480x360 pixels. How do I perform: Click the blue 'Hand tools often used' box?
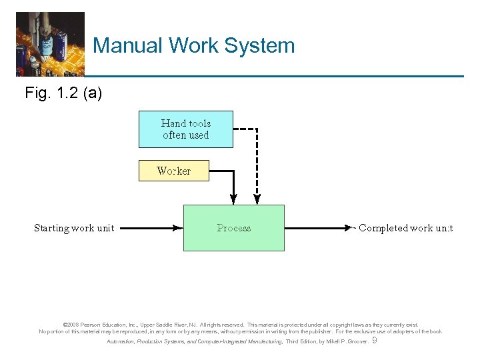[185, 129]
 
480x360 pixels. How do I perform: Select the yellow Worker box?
[173, 171]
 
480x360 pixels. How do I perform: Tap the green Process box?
[233, 228]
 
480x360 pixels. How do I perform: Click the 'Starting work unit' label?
[74, 228]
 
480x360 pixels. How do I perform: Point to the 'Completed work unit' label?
[405, 228]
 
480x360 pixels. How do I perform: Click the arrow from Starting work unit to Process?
[152, 228]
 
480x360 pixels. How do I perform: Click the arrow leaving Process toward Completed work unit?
[317, 228]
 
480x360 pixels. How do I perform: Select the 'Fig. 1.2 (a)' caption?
[63, 93]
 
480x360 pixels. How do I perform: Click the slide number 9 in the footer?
[374, 341]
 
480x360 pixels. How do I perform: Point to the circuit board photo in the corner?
[50, 43]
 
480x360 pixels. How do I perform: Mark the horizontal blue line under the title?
[273, 76]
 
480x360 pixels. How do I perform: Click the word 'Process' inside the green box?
[233, 228]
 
